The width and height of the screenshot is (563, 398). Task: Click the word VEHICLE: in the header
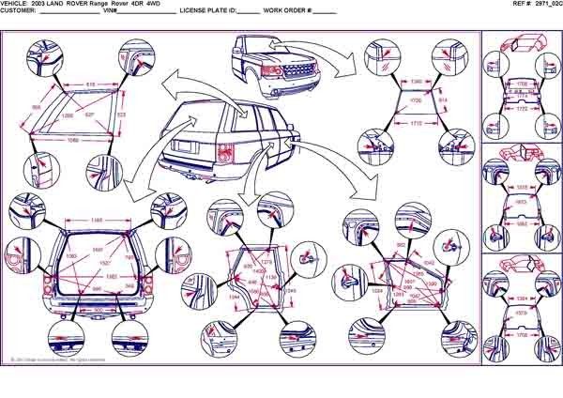18,4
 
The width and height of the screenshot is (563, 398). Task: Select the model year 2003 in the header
46,4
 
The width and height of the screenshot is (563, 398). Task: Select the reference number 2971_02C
544,4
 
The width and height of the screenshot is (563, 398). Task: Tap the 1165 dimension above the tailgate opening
97,221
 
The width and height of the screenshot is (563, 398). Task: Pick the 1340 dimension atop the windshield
417,83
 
